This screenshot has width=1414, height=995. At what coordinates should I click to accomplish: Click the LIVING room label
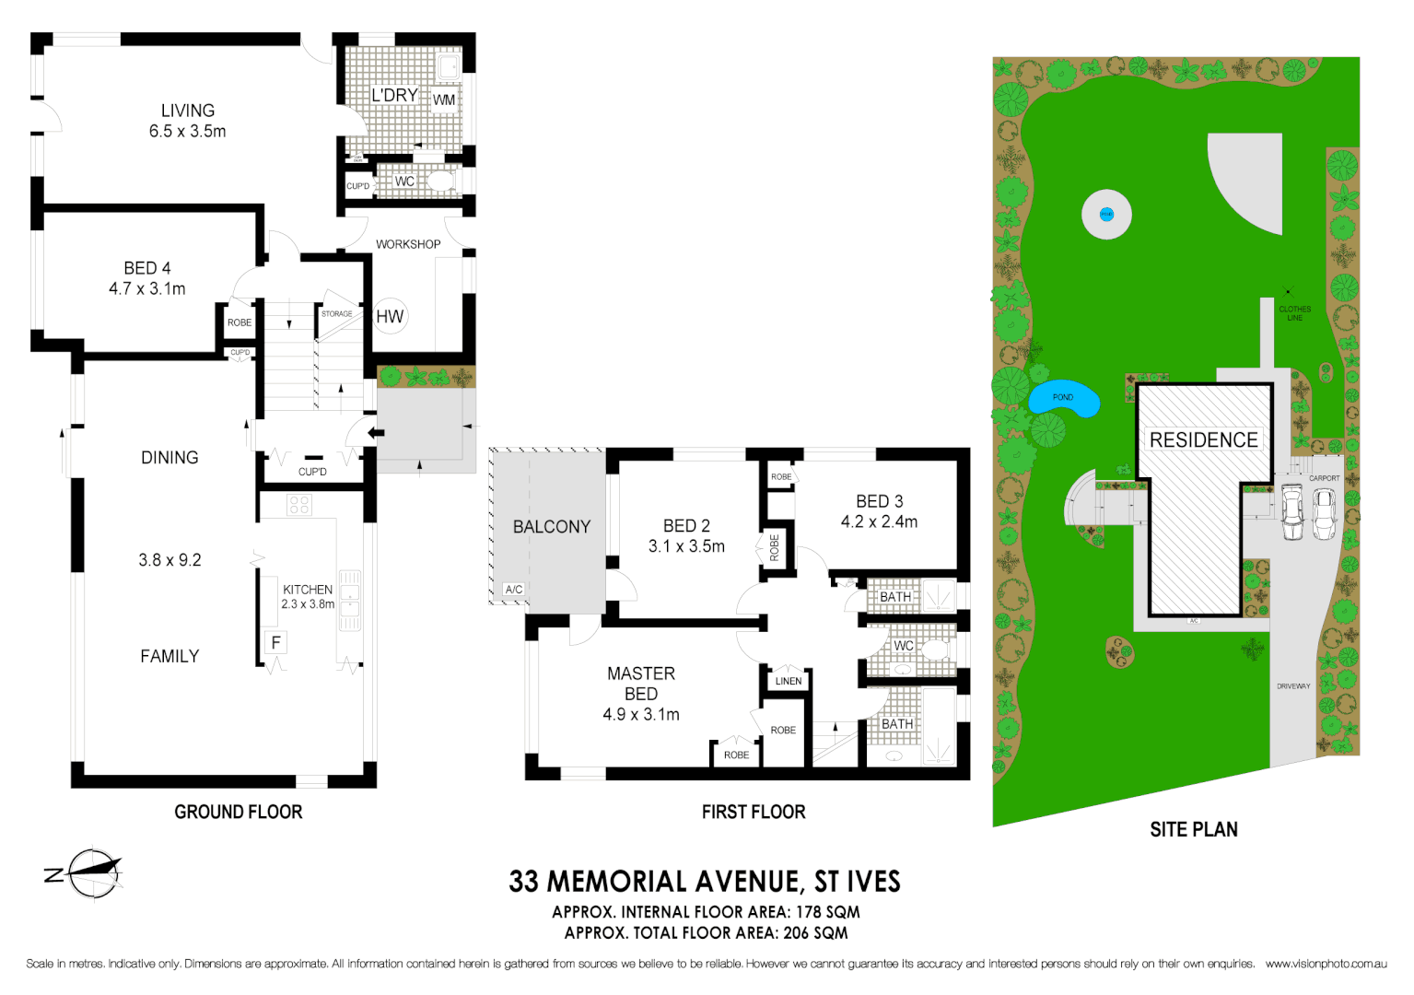click(x=187, y=111)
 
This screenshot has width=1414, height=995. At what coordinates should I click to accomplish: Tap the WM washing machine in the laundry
click(x=444, y=99)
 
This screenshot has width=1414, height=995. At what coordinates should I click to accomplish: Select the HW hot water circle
click(x=390, y=316)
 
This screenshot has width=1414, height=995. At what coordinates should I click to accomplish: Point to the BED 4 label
click(x=147, y=268)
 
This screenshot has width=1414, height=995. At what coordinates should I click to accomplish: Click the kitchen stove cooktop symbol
click(x=298, y=504)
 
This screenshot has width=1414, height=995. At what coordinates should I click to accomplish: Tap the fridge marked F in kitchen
click(x=275, y=643)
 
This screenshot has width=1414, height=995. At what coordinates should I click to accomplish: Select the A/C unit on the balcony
click(x=513, y=590)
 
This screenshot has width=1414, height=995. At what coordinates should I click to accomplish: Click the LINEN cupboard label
click(x=789, y=681)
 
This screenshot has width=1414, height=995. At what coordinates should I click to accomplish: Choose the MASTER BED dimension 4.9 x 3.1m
click(x=641, y=714)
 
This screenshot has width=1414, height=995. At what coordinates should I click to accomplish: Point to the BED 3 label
click(x=879, y=501)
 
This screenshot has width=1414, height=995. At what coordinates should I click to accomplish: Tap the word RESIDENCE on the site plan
click(x=1203, y=440)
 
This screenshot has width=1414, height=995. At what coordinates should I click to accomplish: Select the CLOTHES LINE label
click(x=1294, y=313)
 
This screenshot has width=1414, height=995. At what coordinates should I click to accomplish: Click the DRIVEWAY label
click(x=1293, y=686)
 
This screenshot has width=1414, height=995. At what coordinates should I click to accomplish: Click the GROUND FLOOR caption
click(x=239, y=812)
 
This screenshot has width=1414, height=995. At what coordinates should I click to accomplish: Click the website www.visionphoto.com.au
click(x=1326, y=964)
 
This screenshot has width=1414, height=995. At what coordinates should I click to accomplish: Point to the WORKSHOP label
click(x=408, y=244)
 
